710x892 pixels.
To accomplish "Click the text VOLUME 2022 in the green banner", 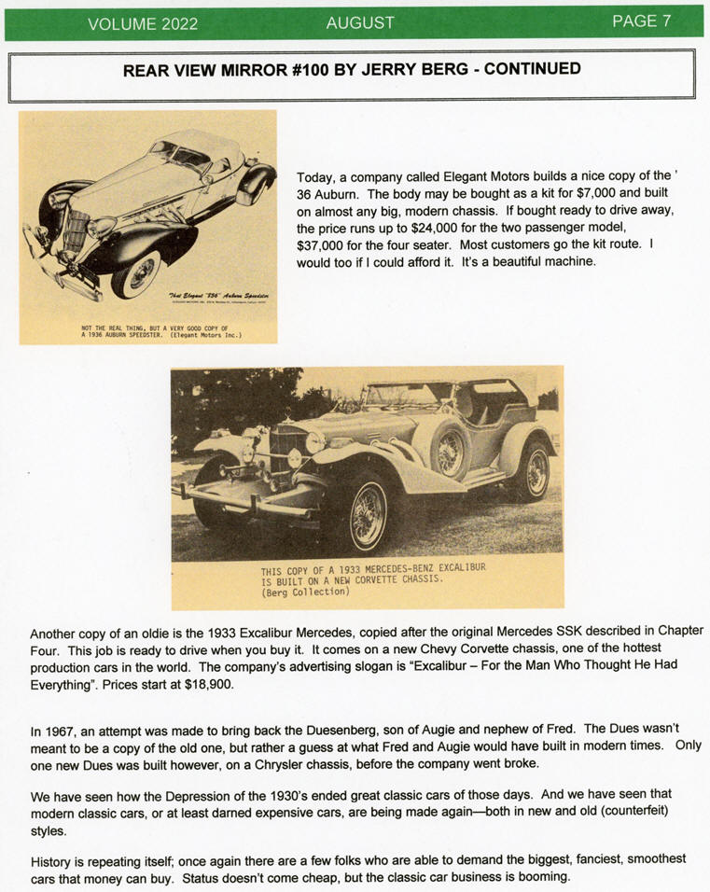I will click(x=143, y=24).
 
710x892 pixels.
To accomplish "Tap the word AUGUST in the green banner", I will click(x=360, y=22).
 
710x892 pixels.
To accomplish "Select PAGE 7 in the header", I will click(x=641, y=21).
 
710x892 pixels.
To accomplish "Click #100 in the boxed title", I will click(x=301, y=69).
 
